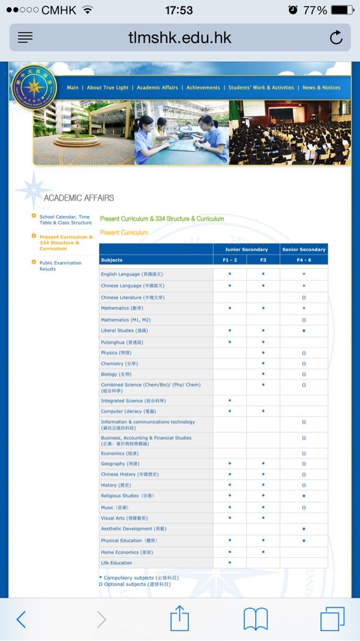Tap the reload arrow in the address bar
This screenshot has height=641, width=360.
336,37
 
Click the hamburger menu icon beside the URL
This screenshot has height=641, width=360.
25,37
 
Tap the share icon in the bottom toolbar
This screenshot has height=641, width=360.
179,618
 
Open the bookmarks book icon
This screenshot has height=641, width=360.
255,618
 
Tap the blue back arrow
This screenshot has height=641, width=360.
21,619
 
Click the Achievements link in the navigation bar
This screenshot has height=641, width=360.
203,88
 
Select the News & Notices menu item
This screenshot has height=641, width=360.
321,88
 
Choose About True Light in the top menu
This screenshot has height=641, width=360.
107,88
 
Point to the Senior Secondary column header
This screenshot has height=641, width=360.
304,249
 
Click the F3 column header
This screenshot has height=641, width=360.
263,260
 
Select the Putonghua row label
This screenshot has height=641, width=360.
122,342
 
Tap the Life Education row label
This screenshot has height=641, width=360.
116,563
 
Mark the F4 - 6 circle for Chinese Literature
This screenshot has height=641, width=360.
304,298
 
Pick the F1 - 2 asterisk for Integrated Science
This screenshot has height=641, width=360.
230,400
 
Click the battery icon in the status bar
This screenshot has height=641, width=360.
343,10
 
